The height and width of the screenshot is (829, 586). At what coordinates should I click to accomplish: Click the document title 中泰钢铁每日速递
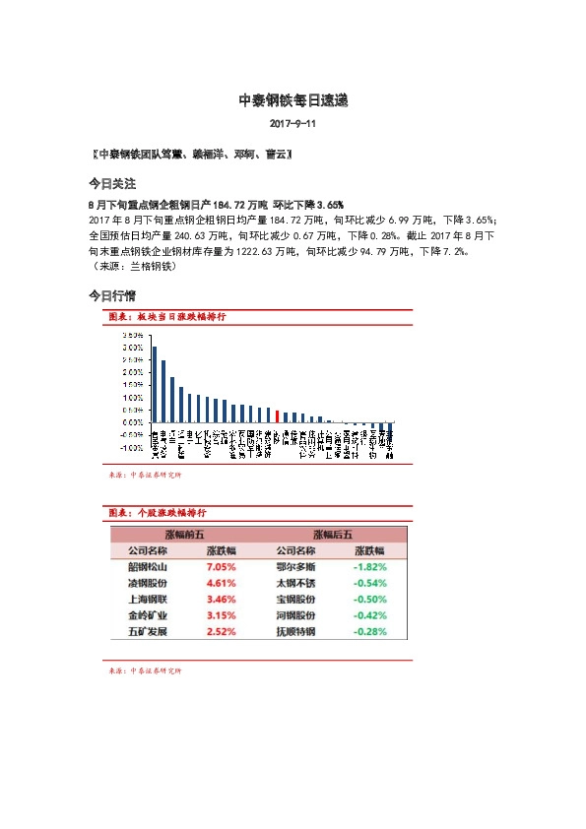click(293, 100)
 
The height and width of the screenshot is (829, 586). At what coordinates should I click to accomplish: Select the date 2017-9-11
click(293, 126)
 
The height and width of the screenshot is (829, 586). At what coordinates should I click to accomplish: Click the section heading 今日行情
click(111, 295)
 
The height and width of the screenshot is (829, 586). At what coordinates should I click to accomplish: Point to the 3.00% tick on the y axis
click(132, 348)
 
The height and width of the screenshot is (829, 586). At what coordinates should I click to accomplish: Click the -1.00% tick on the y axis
click(131, 447)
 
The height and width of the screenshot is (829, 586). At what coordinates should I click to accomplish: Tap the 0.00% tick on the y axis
click(132, 422)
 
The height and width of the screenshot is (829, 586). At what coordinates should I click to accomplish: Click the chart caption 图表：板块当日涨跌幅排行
click(166, 317)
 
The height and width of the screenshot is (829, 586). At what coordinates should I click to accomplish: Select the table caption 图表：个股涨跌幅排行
click(157, 513)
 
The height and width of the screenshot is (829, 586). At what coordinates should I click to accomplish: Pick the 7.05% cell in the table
click(221, 567)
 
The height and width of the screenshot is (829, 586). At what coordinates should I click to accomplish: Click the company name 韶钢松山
click(148, 567)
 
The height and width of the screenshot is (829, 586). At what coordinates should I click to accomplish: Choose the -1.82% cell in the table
click(369, 567)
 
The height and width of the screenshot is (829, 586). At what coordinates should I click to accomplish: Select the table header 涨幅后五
click(333, 535)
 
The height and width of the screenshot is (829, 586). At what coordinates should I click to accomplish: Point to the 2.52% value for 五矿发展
click(221, 631)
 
